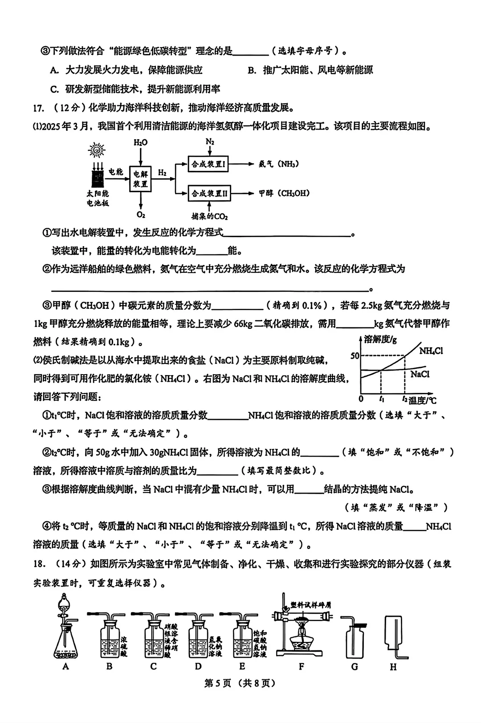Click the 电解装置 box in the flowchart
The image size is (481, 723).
[x=140, y=179]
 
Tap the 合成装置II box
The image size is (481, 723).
[x=209, y=194]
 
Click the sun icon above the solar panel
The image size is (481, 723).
[x=96, y=150]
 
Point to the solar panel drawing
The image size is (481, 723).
[x=97, y=178]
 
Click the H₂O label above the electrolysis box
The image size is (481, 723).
[x=140, y=142]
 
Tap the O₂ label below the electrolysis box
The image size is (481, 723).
[x=141, y=215]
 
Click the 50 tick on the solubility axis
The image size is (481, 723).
[x=355, y=356]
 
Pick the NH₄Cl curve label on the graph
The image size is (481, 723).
[x=431, y=351]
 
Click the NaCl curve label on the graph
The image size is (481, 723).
[x=420, y=374]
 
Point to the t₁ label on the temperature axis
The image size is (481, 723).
[x=382, y=399]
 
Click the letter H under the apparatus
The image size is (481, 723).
[x=393, y=667]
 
